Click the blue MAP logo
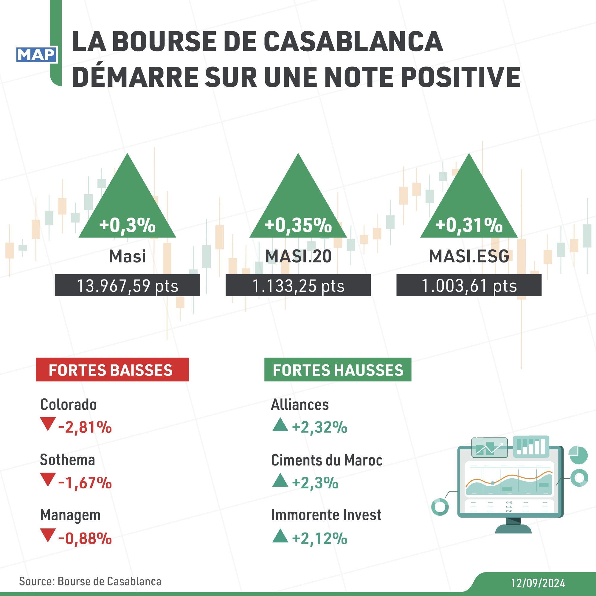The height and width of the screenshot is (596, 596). (x=36, y=55)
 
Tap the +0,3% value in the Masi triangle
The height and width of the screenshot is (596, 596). (x=127, y=225)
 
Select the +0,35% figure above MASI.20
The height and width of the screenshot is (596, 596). (x=298, y=225)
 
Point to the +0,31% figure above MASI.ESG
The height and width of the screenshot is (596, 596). (x=469, y=225)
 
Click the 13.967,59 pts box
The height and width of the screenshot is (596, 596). (x=127, y=285)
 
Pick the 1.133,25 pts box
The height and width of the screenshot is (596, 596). (x=298, y=285)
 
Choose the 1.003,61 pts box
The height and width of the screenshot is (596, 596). (x=469, y=285)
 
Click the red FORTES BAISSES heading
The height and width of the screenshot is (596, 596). (x=112, y=370)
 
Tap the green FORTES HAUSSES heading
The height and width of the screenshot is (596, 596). (x=338, y=370)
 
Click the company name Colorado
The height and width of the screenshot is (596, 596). (x=69, y=404)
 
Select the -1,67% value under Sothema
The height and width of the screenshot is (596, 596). (x=85, y=483)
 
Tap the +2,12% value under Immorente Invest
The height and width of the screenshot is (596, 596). (x=319, y=538)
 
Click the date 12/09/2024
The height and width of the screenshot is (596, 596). (x=538, y=583)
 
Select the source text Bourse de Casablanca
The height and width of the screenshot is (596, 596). (x=109, y=581)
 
